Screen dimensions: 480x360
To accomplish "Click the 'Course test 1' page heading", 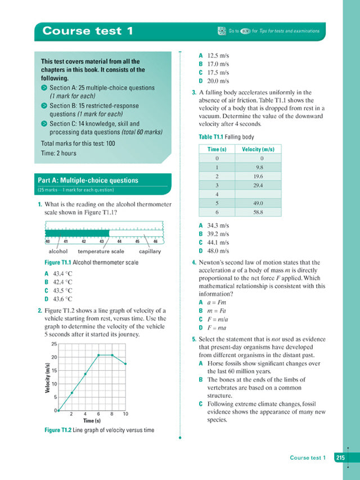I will pos(88,31).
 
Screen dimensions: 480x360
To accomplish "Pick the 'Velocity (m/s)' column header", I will pos(258,149).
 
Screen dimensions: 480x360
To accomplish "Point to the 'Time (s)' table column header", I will pos(217,149).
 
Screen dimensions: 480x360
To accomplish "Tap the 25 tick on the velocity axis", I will pos(54,344).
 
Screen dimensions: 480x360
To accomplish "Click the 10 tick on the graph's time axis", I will pos(125,414).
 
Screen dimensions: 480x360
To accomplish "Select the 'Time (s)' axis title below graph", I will pos(92,421).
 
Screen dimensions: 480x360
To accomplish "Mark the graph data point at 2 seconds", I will pos(72,392).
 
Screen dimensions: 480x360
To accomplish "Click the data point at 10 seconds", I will pos(125,364).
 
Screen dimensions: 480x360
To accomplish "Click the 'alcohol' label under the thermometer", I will pos(58,252).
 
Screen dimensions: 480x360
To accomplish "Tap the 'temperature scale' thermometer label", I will pos(101,252).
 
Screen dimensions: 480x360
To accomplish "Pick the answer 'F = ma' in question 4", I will pos(216,328).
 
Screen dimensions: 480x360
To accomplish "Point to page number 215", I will pos(340,457).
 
